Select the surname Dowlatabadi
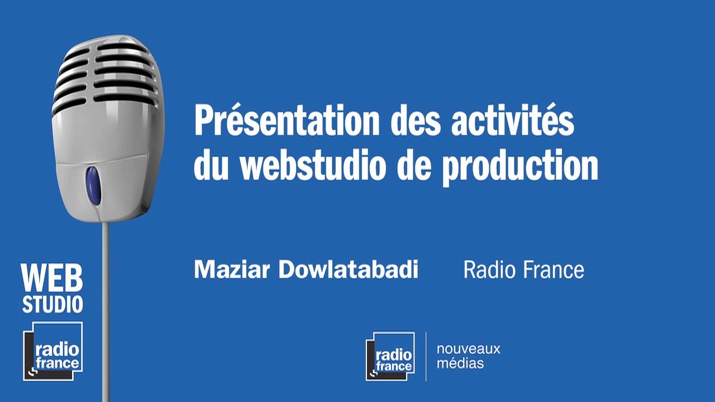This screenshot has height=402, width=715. click(x=349, y=270)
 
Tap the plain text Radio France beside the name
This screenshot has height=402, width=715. click(x=523, y=270)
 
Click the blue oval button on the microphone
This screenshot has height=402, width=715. click(x=93, y=185)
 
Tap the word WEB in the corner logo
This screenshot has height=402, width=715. click(x=52, y=279)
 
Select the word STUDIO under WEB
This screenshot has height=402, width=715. click(x=53, y=304)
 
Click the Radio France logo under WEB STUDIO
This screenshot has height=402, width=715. click(x=53, y=351)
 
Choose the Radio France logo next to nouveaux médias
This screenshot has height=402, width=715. click(x=390, y=356)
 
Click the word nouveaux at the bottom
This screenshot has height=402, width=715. click(x=468, y=350)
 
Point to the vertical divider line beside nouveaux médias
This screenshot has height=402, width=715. click(x=426, y=356)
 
